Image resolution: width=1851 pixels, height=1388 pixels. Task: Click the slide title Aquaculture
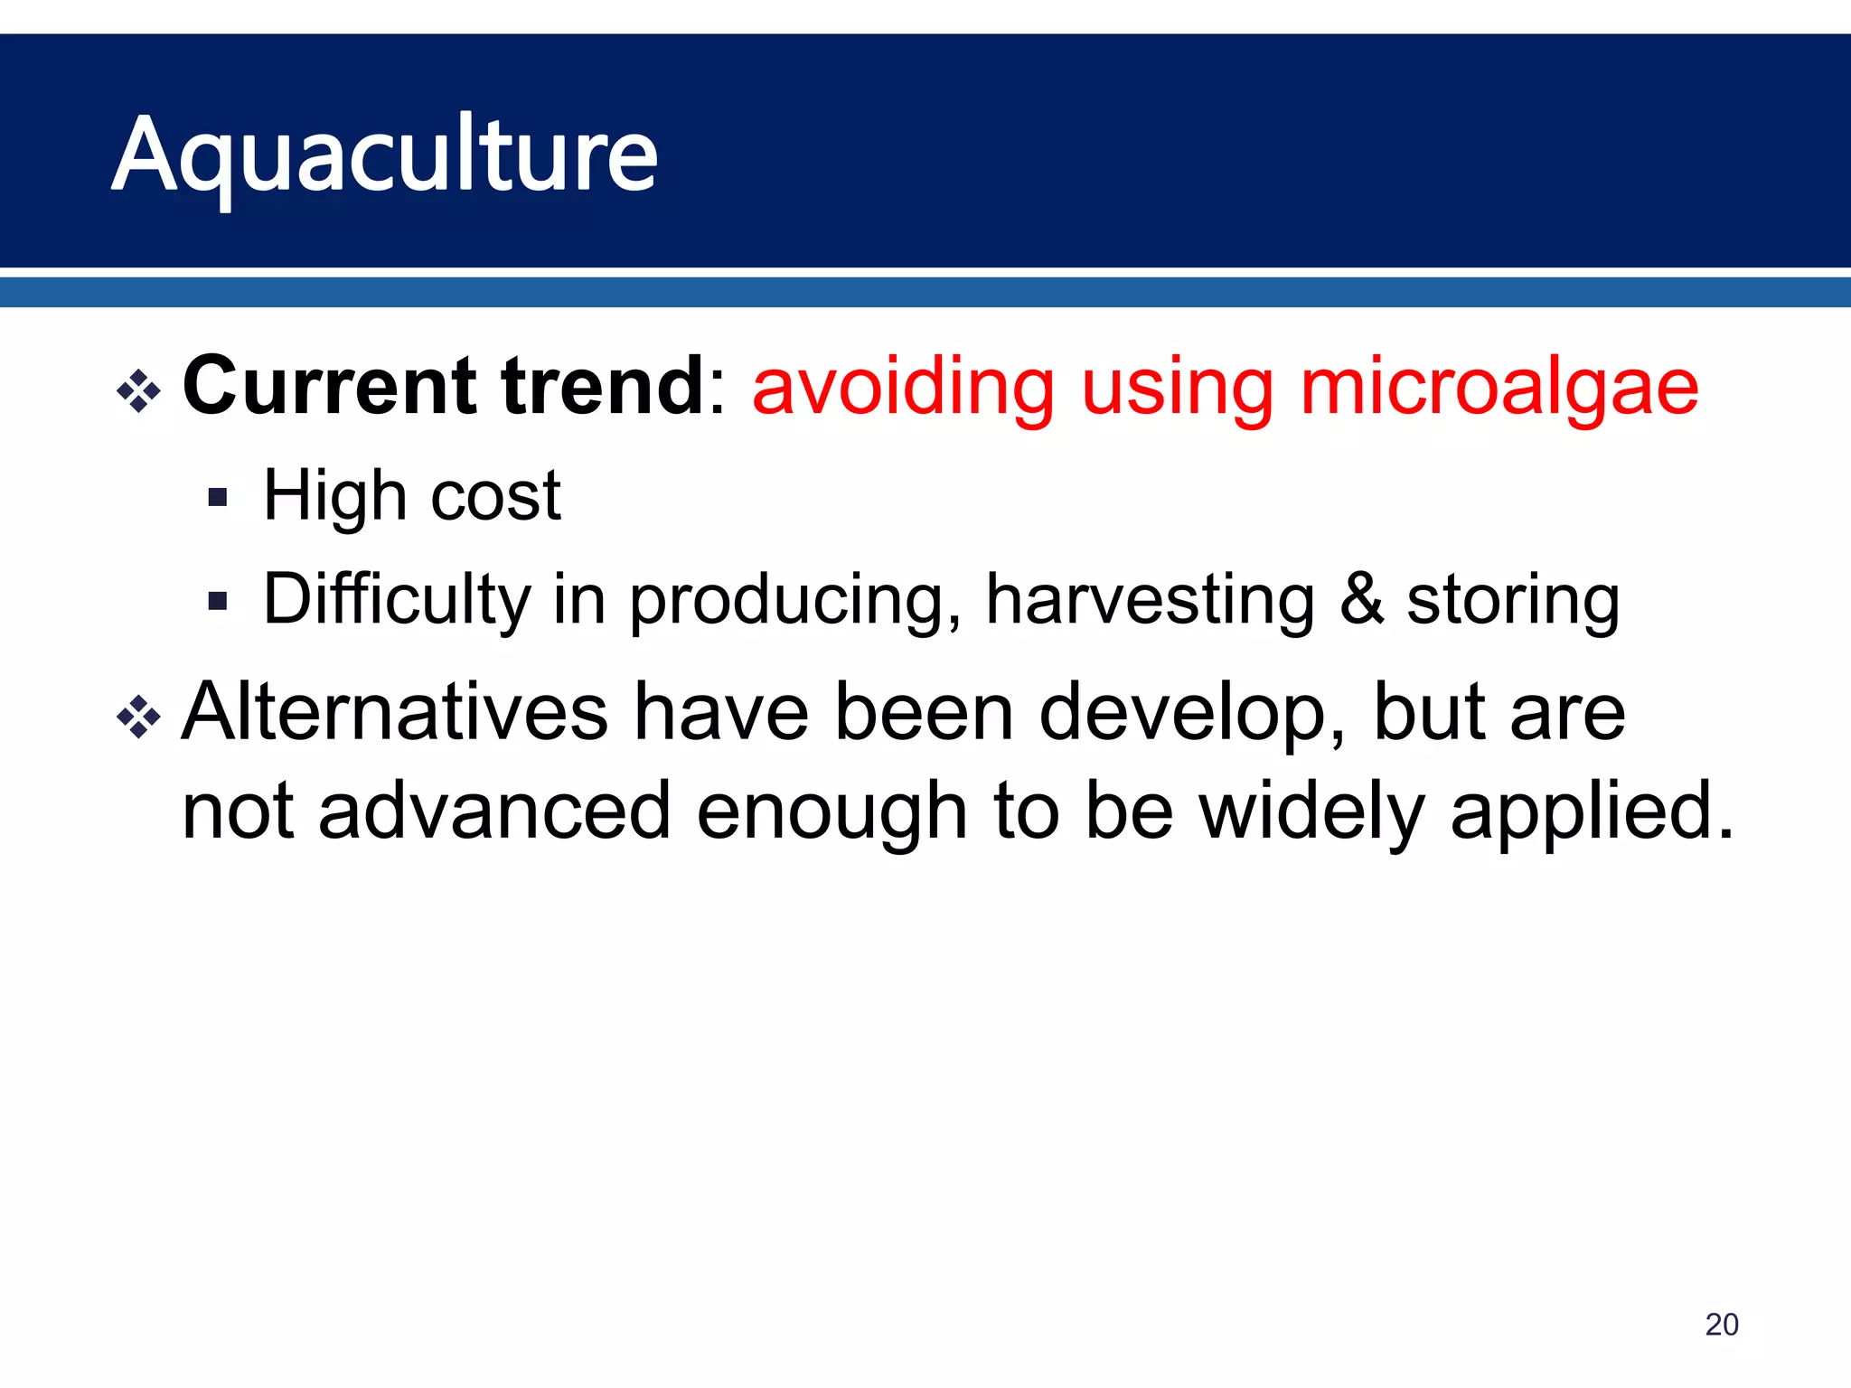385,155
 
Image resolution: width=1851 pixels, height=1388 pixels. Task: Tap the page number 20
1721,1324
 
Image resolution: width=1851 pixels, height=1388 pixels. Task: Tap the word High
335,497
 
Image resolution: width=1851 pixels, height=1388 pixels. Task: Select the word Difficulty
397,601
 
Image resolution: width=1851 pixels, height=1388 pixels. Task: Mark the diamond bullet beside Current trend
139,391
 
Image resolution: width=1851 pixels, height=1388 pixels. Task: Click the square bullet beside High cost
217,498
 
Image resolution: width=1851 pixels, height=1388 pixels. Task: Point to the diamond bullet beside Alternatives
139,717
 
